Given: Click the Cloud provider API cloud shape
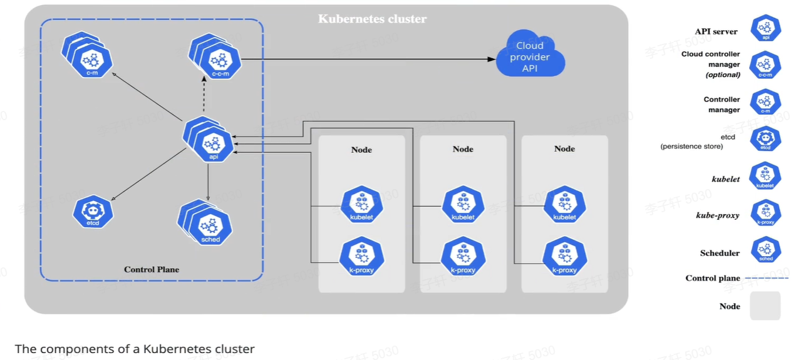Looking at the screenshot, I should (x=530, y=56).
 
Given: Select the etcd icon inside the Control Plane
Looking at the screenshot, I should (x=93, y=212).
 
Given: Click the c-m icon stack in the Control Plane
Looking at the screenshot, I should (x=90, y=57).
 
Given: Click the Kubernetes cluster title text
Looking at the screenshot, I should (x=372, y=19).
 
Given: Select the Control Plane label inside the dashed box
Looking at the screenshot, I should (x=152, y=269).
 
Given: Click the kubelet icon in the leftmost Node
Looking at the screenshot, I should (x=361, y=205).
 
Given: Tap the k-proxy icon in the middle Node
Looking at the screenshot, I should (x=463, y=257).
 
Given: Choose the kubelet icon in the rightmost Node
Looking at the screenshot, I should (x=564, y=205).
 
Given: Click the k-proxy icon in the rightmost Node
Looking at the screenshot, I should (x=564, y=257).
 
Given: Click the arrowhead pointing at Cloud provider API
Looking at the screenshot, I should (x=492, y=59).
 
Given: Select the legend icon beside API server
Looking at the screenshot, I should (x=765, y=28).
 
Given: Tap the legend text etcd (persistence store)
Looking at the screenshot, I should (x=691, y=141).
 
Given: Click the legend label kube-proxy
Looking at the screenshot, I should (x=718, y=215).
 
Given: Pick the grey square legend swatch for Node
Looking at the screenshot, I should (x=765, y=306).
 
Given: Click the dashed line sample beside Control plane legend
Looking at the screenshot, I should (x=767, y=278).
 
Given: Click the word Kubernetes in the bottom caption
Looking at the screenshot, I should (x=172, y=349).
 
